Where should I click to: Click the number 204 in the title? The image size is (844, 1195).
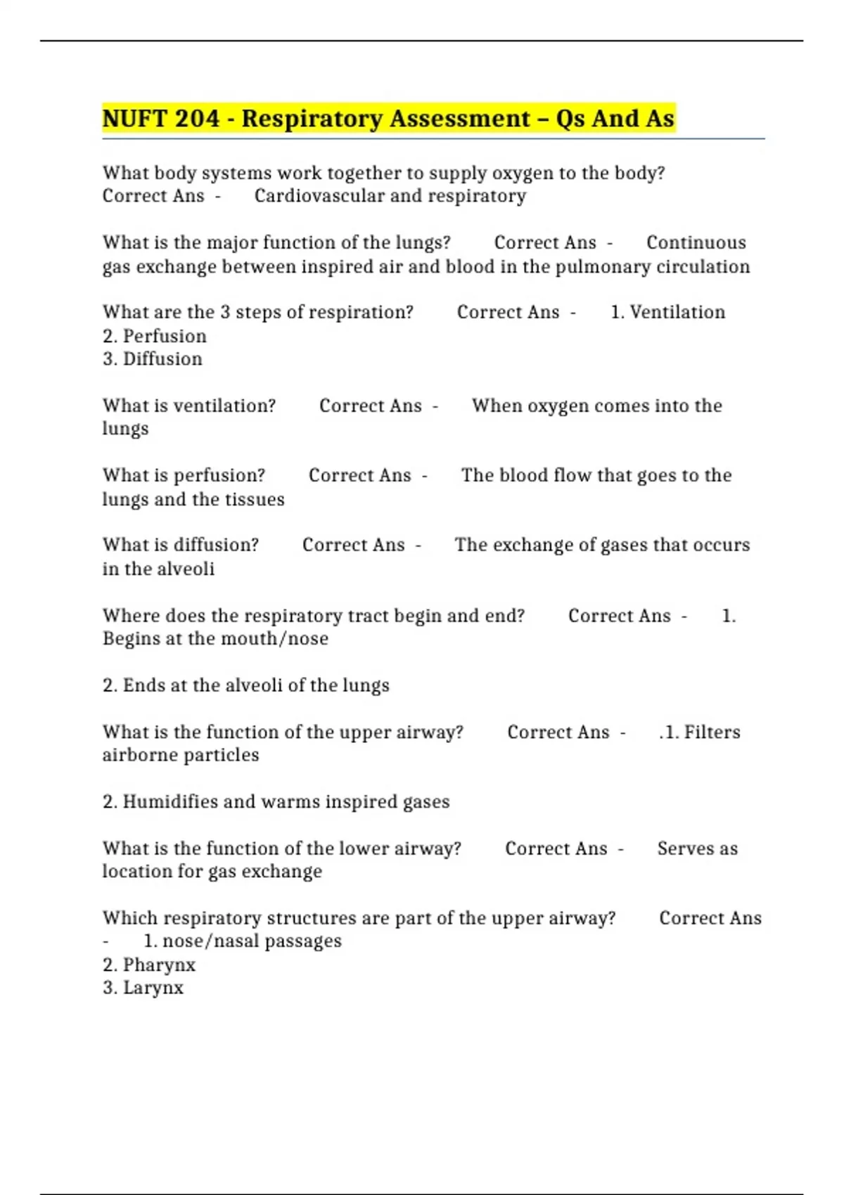point(197,118)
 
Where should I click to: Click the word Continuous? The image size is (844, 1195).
point(696,243)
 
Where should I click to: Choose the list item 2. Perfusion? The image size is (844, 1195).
point(155,336)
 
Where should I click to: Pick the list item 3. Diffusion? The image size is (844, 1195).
point(153,358)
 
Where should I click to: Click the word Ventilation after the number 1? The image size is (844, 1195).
point(677,312)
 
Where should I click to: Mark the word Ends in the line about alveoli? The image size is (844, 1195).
point(143,685)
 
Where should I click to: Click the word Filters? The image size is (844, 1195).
point(712,732)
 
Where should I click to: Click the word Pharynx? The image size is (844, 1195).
point(159,964)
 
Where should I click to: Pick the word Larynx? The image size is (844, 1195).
point(153,988)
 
